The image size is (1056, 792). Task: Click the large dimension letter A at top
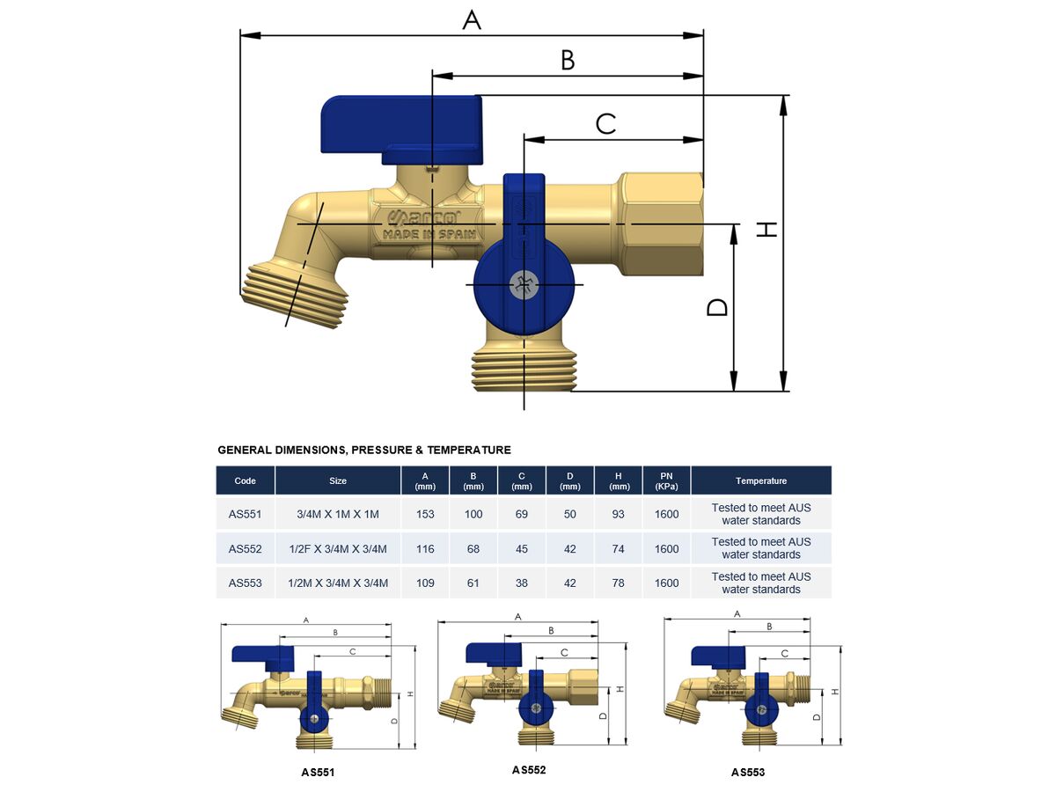coord(472,20)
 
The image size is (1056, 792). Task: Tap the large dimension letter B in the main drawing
coord(568,61)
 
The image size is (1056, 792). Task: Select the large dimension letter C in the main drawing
coord(605,123)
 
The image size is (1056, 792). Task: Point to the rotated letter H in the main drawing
coord(766,229)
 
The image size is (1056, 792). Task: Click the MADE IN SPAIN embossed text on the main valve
coord(429,235)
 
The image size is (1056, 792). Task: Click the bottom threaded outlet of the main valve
coord(524,370)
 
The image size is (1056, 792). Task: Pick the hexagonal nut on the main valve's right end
coord(660,224)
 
